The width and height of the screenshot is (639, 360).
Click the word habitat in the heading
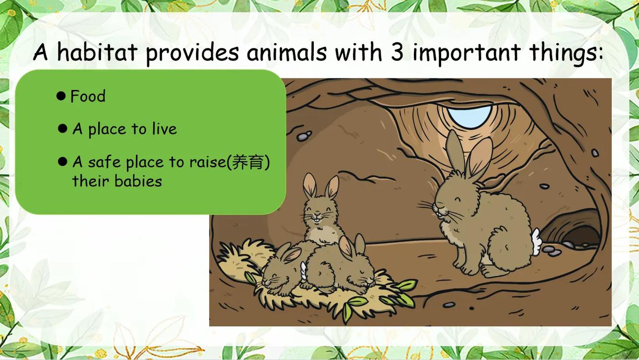point(97,52)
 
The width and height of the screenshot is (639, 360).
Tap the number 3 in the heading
point(397,53)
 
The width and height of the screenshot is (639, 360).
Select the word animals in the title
point(286,52)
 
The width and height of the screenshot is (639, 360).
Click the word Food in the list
point(88,96)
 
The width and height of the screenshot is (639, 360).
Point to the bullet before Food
point(61,96)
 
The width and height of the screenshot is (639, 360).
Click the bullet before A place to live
point(62,129)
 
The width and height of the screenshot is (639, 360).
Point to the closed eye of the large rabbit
point(458,199)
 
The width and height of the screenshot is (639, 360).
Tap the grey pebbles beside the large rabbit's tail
point(551,251)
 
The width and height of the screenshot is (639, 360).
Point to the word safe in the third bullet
point(104,162)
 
